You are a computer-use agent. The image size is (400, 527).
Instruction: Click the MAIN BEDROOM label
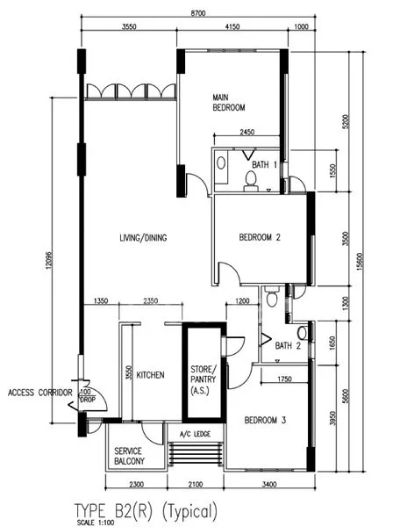pos(229,103)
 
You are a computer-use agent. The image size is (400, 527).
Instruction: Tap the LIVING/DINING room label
pos(143,238)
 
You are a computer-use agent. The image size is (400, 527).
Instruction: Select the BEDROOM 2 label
pos(260,237)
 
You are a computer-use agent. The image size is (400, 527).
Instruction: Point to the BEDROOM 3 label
pos(265,420)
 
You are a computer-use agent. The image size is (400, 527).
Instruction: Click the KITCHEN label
pos(150,375)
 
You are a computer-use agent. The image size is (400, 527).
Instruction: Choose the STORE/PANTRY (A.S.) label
pos(204,379)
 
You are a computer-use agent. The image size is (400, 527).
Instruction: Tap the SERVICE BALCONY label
pos(129,456)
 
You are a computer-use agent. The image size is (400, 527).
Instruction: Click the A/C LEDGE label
pos(195,434)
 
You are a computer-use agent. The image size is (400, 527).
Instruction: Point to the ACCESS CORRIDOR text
pos(40,393)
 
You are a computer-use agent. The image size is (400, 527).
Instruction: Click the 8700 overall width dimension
pos(197,13)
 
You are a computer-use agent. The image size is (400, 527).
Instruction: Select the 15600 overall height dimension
pos(360,262)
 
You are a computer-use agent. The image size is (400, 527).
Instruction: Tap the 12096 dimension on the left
pos(49,261)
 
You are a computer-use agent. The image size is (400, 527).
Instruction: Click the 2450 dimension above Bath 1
pos(246,132)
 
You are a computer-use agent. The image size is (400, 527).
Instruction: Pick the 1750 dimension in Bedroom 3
pos(284,379)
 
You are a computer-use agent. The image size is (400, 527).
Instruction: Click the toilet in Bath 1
pos(251,181)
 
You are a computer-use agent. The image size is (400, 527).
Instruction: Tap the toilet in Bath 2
pos(271,297)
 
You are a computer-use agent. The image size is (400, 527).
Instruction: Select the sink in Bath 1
pos(221,163)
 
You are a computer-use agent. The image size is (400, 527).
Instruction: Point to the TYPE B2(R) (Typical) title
pos(146,510)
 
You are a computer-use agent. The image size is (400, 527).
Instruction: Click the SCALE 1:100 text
pos(96,523)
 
